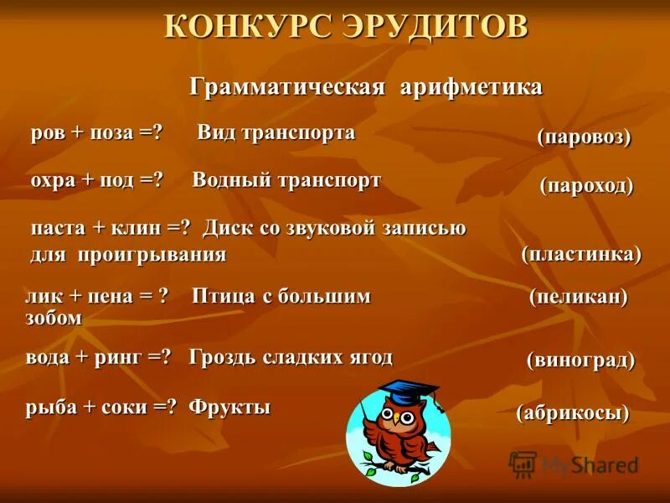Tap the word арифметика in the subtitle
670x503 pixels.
coord(472,87)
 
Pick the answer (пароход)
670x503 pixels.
coord(586,185)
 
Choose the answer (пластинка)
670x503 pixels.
coord(581,254)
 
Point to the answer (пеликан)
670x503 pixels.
coord(578,296)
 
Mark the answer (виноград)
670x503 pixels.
coord(580,360)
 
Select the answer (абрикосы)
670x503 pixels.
coord(573,412)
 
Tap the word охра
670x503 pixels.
coord(54,181)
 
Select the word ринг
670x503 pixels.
coord(121,357)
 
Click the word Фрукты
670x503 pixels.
coord(229,408)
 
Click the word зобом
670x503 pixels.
coord(54,318)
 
